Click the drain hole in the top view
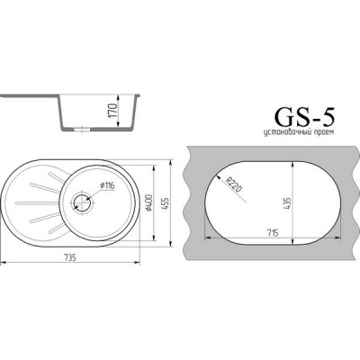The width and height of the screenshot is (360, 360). click(86, 202)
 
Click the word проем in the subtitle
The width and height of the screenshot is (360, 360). click(328, 133)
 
